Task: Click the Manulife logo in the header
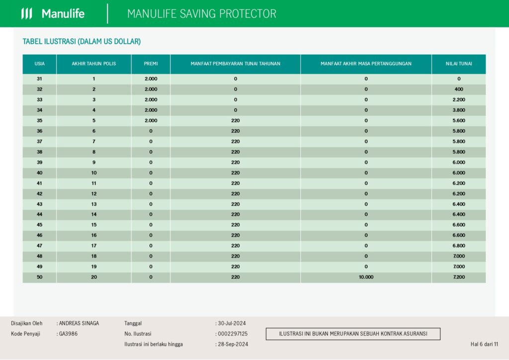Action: pyautogui.click(x=53, y=13)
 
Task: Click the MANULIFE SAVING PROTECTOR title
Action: pyautogui.click(x=202, y=13)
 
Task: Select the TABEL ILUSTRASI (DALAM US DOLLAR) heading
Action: pyautogui.click(x=82, y=42)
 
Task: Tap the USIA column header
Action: pyautogui.click(x=40, y=64)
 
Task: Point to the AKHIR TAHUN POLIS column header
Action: pyautogui.click(x=94, y=64)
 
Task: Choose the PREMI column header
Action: pyautogui.click(x=151, y=64)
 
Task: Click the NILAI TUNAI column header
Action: pyautogui.click(x=459, y=64)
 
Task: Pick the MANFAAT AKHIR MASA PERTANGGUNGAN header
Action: pyautogui.click(x=366, y=64)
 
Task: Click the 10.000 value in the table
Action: pyautogui.click(x=366, y=277)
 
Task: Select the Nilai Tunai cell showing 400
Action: pyautogui.click(x=459, y=90)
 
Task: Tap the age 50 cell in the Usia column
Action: pyautogui.click(x=40, y=277)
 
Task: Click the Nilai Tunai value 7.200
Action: pyautogui.click(x=459, y=277)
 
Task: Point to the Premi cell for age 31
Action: pyautogui.click(x=151, y=79)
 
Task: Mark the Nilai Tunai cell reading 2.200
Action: pyautogui.click(x=459, y=99)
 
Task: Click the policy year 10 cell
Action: pyautogui.click(x=94, y=173)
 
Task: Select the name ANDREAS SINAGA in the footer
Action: pyautogui.click(x=79, y=323)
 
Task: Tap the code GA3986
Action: pyautogui.click(x=68, y=334)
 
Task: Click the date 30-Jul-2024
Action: pyautogui.click(x=232, y=323)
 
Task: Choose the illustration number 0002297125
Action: pyautogui.click(x=233, y=334)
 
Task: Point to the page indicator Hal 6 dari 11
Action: pyautogui.click(x=484, y=344)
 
